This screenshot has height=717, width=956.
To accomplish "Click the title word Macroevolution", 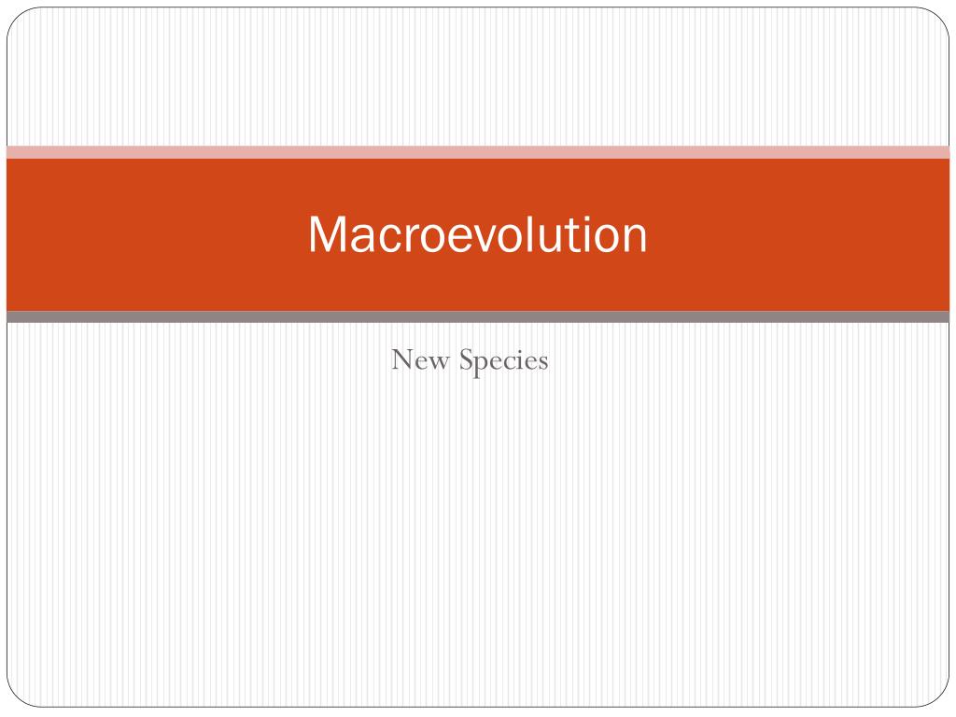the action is coord(477,233).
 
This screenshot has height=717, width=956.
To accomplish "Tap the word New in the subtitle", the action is coord(420,359).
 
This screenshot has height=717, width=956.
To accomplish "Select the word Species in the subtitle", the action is coord(503,361).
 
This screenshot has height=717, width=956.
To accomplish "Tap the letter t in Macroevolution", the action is coord(577,235).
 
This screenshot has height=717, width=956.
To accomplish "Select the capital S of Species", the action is coord(467,359).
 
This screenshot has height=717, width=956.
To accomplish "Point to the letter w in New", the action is coord(439,363).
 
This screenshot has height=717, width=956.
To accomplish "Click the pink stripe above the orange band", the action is coord(478,152).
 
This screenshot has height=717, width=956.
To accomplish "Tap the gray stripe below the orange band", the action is coord(478,316).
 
